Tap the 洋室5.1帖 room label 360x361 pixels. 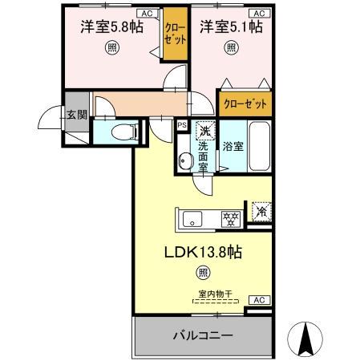click(x=231, y=26)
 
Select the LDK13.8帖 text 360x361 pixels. click(x=205, y=253)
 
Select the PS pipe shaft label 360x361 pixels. click(x=182, y=124)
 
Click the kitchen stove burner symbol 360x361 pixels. click(x=231, y=217)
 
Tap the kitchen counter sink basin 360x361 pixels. click(x=196, y=217)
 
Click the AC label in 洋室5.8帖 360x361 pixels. click(x=147, y=14)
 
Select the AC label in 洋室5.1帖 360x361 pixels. click(x=258, y=14)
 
